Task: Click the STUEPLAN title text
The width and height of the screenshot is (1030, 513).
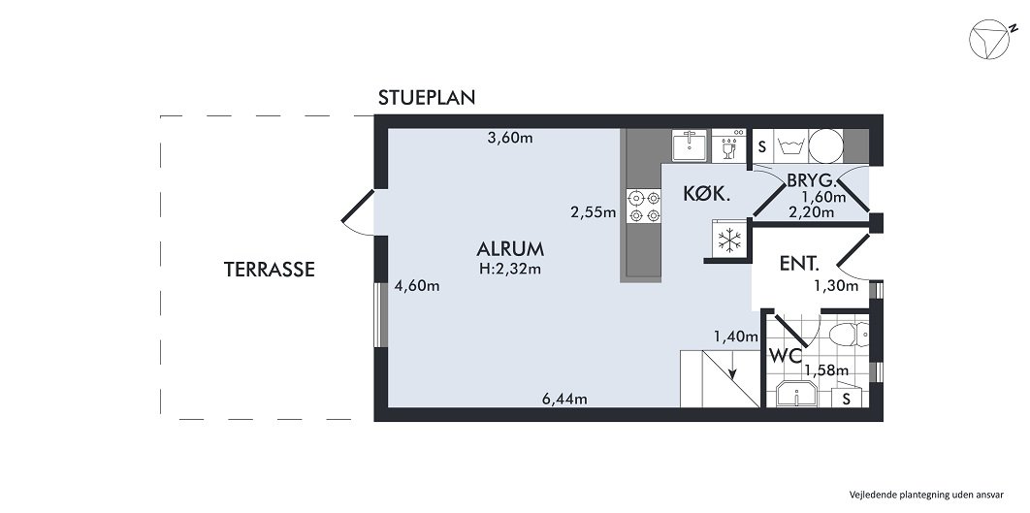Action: pyautogui.click(x=426, y=98)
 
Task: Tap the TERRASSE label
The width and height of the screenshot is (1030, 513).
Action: pyautogui.click(x=269, y=270)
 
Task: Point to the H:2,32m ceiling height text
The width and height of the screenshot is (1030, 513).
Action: pyautogui.click(x=509, y=269)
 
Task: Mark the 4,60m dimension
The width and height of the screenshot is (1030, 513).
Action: pyautogui.click(x=417, y=286)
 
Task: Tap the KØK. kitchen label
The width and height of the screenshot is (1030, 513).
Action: pyautogui.click(x=706, y=194)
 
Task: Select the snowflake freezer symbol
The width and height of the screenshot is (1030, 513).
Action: pyautogui.click(x=728, y=241)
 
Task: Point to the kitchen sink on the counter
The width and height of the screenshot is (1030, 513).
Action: pyautogui.click(x=690, y=145)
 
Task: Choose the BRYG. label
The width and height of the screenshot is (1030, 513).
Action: pyautogui.click(x=812, y=180)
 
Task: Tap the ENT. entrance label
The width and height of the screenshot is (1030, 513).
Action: pyautogui.click(x=800, y=263)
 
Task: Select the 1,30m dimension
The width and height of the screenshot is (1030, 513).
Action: pyautogui.click(x=835, y=285)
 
